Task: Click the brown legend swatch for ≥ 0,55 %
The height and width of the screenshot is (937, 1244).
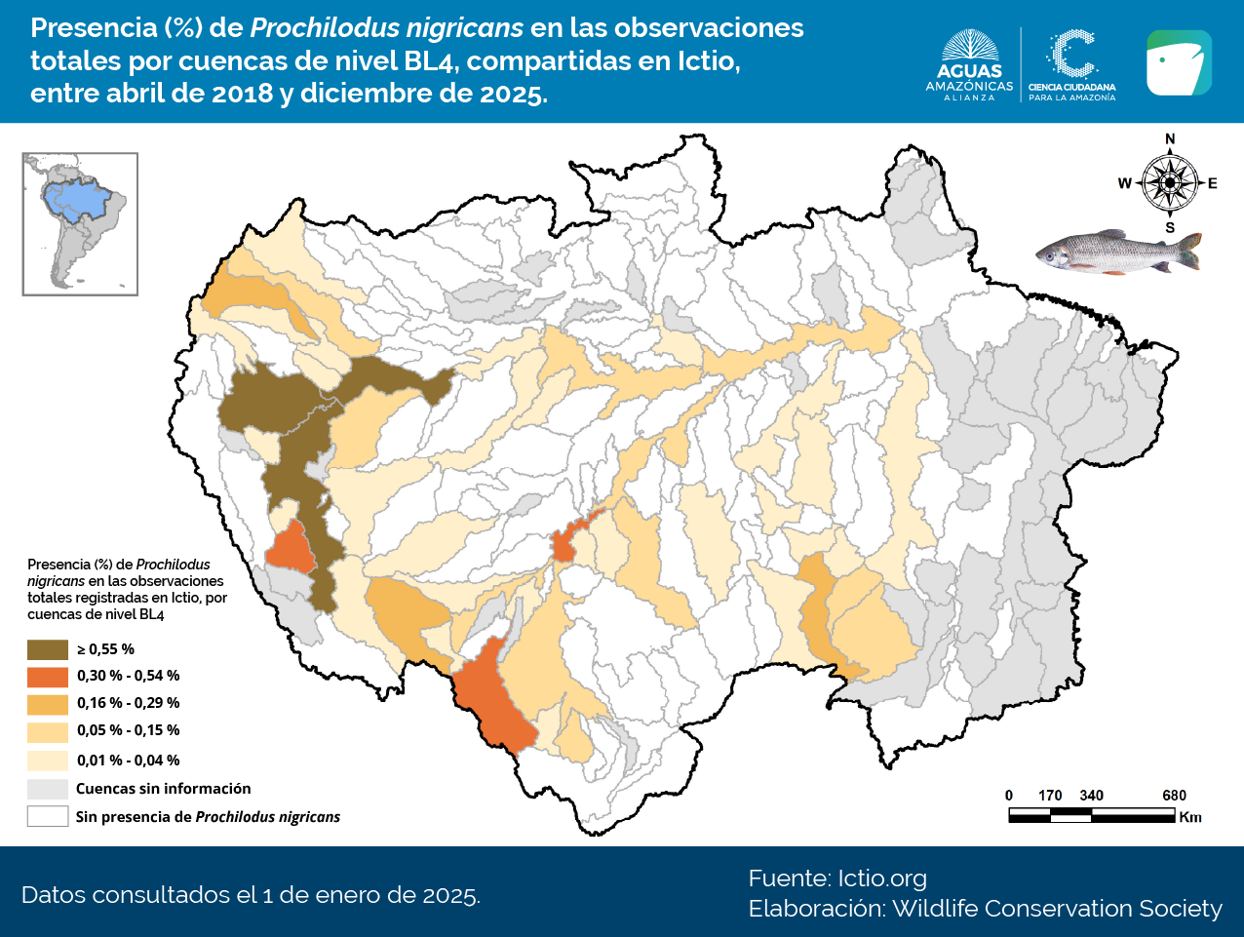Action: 47,649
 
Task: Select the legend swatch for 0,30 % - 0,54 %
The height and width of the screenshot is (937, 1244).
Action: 47,676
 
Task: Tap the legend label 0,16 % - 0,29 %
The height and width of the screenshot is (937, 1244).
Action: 128,703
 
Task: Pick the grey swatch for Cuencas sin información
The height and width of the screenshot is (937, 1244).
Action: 47,789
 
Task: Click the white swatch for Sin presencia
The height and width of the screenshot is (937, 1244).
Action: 47,816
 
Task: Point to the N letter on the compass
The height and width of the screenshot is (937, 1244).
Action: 1170,139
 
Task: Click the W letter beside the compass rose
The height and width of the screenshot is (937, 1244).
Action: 1124,183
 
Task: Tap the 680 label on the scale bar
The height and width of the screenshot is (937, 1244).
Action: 1174,796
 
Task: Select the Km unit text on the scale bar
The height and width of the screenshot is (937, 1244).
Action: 1190,817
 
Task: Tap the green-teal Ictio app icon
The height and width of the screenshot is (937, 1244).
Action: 1179,63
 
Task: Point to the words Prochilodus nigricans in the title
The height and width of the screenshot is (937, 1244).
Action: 387,28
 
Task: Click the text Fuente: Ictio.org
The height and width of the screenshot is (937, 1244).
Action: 837,878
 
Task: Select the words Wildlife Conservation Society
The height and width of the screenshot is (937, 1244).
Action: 1057,909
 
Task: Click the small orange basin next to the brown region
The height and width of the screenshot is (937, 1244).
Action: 291,548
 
